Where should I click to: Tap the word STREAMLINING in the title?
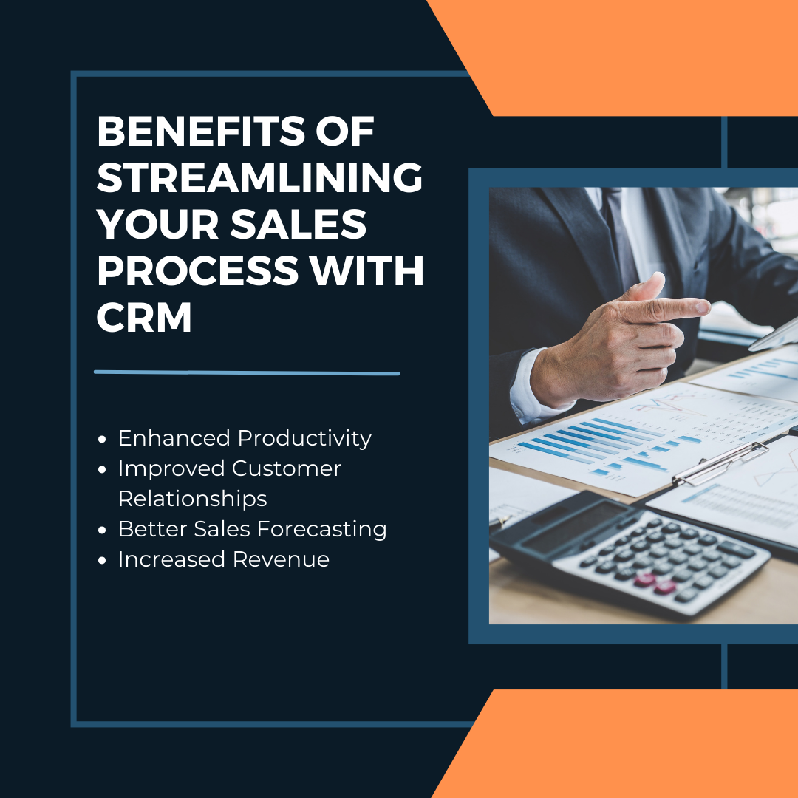point(259,178)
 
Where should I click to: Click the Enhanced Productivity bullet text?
point(245,438)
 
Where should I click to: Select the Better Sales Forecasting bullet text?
point(252,529)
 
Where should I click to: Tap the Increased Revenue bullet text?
point(223,559)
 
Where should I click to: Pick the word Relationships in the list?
point(192,499)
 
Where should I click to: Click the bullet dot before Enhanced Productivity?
point(102,439)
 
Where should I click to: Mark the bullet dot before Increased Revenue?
point(102,560)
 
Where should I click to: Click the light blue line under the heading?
point(247,372)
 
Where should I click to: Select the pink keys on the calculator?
point(651,584)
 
